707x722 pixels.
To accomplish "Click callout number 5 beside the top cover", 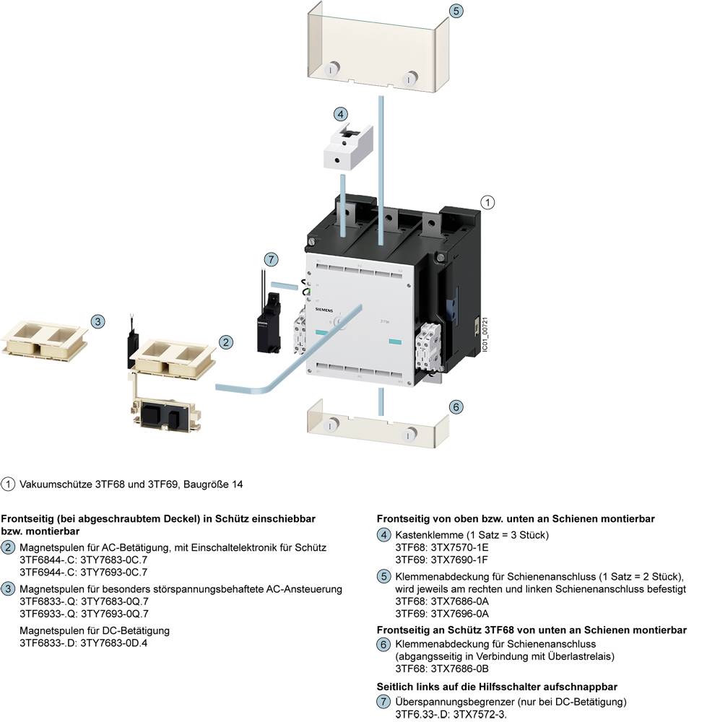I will pyautogui.click(x=455, y=12).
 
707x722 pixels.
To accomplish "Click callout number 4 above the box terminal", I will pyautogui.click(x=341, y=114).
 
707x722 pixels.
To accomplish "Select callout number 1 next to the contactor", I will pyautogui.click(x=488, y=203).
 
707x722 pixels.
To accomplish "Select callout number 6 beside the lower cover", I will pyautogui.click(x=455, y=407).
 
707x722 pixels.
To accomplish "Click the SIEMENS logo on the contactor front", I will pyautogui.click(x=326, y=309).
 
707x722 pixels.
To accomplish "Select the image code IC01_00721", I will pyautogui.click(x=485, y=333).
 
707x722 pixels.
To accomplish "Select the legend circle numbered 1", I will pyautogui.click(x=9, y=484).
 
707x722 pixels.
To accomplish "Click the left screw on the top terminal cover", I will pyautogui.click(x=331, y=70).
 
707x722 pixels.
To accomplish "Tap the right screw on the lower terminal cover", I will pyautogui.click(x=411, y=434).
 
